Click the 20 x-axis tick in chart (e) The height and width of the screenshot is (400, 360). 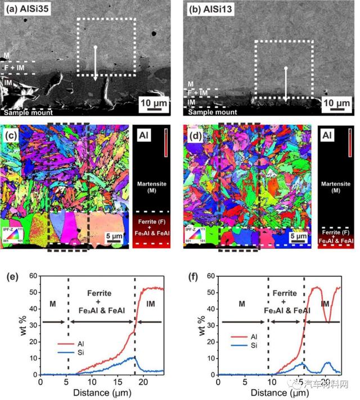pos(143,383)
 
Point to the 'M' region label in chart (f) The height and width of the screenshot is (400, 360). pos(241,303)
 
